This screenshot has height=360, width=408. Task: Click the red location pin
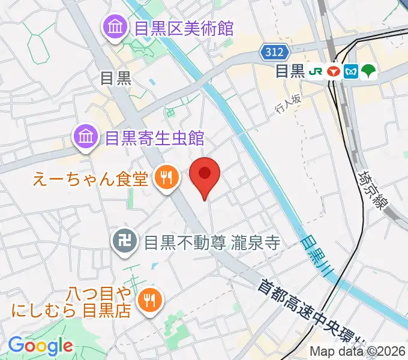[x=205, y=175]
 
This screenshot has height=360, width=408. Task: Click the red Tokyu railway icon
[x=334, y=71]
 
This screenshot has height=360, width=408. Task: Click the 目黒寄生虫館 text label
[x=154, y=139]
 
